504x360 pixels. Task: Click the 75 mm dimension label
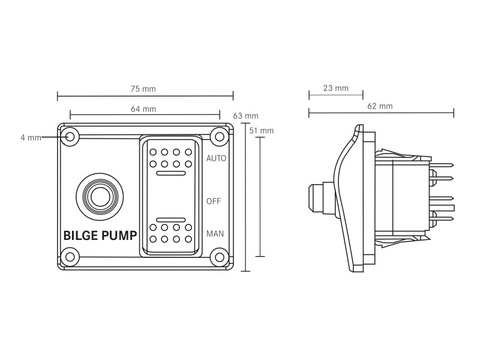coord(143,89)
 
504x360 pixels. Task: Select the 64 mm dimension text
coord(143,109)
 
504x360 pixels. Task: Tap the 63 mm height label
coord(245,116)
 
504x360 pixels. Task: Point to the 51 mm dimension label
coord(262,131)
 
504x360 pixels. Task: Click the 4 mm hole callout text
coord(31,137)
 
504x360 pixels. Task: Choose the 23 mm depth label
coord(336,88)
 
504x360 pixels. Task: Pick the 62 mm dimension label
coord(380,106)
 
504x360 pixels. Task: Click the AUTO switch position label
coord(216,158)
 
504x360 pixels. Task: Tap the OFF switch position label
coord(214,201)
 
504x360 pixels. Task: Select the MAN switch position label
coord(215,233)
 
